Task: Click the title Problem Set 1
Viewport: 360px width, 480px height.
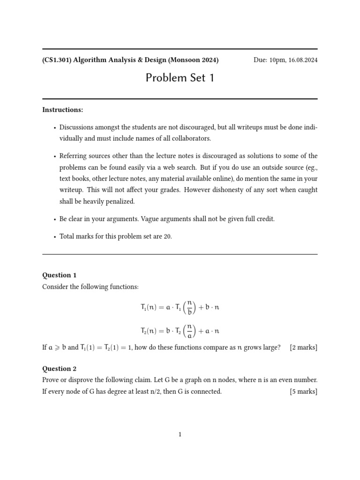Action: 180,78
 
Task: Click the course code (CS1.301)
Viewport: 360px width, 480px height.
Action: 58,60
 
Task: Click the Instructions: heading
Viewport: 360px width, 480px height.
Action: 63,110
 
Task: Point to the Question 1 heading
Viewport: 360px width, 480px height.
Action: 60,275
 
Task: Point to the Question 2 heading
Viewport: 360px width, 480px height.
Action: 60,368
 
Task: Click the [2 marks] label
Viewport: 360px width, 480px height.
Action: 303,347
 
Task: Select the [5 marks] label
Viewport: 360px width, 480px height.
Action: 303,391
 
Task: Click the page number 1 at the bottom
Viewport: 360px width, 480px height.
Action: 180,435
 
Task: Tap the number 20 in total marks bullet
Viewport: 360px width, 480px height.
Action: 167,237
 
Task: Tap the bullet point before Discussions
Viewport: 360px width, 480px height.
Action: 55,127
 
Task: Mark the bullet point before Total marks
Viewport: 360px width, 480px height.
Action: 55,237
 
